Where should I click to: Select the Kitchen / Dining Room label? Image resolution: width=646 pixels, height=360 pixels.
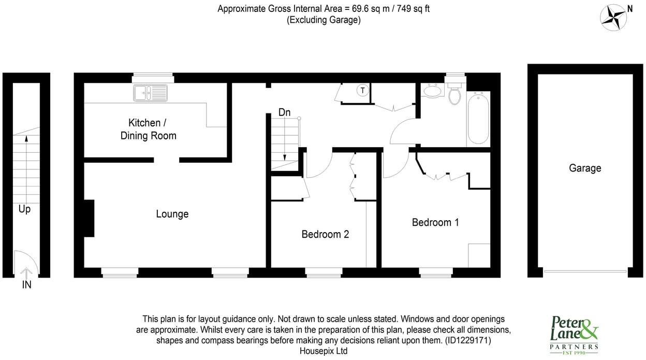(148, 129)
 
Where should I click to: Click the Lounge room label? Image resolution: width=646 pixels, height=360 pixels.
(172, 214)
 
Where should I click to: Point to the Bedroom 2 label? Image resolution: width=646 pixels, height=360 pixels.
(325, 234)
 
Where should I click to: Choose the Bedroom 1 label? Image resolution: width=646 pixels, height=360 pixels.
(435, 222)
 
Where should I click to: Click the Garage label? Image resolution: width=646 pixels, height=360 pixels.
(585, 168)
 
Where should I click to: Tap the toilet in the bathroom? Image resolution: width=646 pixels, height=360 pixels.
(454, 95)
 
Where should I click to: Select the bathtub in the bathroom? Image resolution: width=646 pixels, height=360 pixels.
(478, 119)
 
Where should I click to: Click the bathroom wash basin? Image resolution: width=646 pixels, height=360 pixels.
(432, 91)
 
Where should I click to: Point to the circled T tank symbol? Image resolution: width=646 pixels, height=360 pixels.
(363, 91)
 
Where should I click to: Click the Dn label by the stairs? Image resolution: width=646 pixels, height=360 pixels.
(284, 112)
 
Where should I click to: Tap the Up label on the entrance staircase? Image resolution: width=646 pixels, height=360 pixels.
(24, 209)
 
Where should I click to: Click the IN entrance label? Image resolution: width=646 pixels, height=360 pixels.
(26, 284)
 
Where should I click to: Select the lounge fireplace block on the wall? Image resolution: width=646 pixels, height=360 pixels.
(89, 219)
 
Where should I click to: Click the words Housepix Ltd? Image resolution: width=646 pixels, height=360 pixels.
(324, 351)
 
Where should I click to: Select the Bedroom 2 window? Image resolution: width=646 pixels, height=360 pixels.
(324, 271)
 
